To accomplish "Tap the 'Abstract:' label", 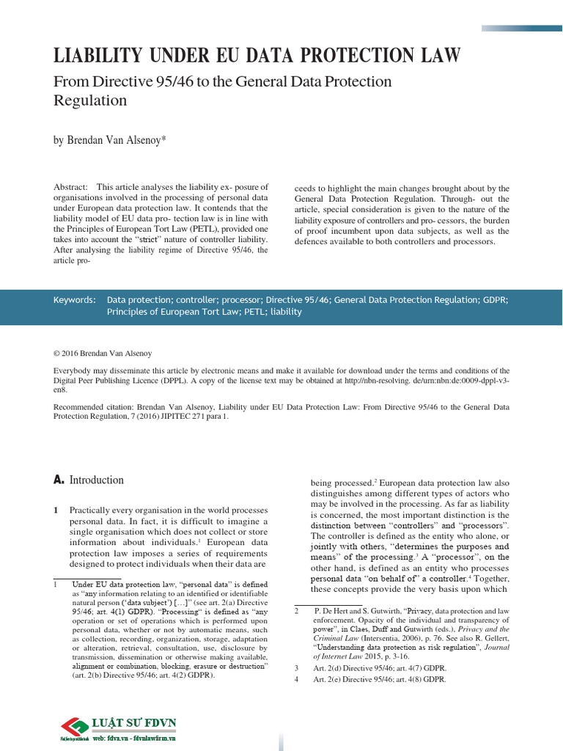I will click(70, 187).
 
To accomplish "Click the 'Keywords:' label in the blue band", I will click(75, 300).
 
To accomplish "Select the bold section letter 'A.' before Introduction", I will click(59, 480).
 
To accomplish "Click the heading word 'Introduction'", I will click(97, 480).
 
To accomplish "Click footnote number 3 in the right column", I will click(296, 669).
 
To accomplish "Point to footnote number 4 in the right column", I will click(296, 680).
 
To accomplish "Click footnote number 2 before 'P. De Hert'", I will click(296, 610).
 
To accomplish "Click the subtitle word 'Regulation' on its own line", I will click(91, 100).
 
